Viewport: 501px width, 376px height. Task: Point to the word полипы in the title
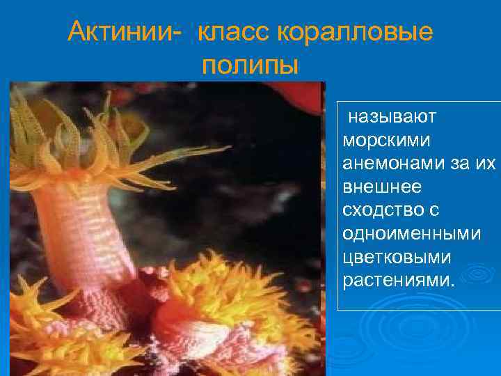pyautogui.click(x=250, y=65)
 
